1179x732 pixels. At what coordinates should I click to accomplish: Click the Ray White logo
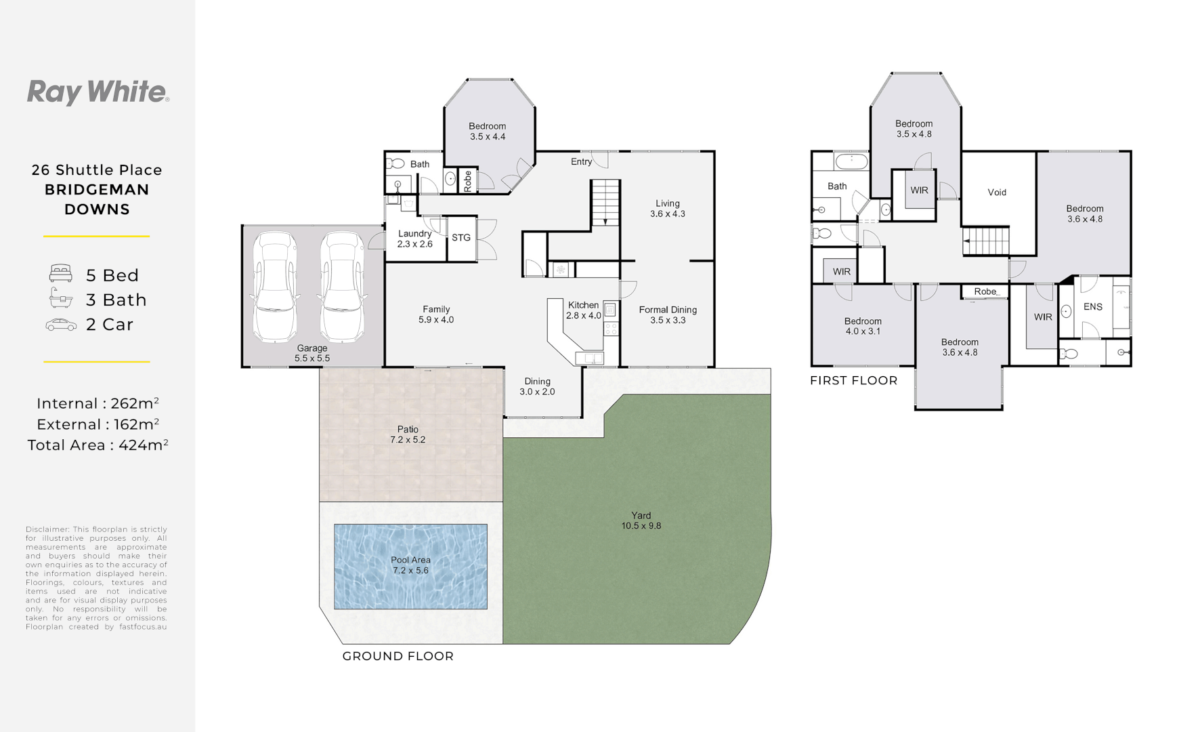coord(98,92)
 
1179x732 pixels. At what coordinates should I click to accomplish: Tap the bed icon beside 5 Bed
coord(60,274)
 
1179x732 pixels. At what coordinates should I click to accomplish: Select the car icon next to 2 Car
coord(61,325)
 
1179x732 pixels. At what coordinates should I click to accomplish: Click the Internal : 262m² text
coord(98,403)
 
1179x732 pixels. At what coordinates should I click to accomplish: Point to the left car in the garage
coord(275,287)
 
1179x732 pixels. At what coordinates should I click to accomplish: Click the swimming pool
coord(410,566)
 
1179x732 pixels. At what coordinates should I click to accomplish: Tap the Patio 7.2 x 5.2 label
coord(408,434)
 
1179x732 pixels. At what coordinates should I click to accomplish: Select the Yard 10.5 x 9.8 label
coord(641,521)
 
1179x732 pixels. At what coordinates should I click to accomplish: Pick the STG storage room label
coord(461,238)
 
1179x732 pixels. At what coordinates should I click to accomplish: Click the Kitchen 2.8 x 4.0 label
coord(583,310)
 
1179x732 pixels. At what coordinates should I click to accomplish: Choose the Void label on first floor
coord(997,192)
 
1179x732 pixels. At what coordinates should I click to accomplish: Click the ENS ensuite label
coord(1092,307)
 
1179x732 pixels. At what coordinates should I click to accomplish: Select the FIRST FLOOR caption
coord(853,381)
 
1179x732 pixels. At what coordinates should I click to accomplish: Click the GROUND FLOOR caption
coord(398,656)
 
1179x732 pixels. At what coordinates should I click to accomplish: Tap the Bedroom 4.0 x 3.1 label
coord(863,326)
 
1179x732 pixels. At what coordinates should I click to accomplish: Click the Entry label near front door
coord(581,162)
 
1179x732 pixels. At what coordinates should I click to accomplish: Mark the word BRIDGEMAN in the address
coord(97,190)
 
